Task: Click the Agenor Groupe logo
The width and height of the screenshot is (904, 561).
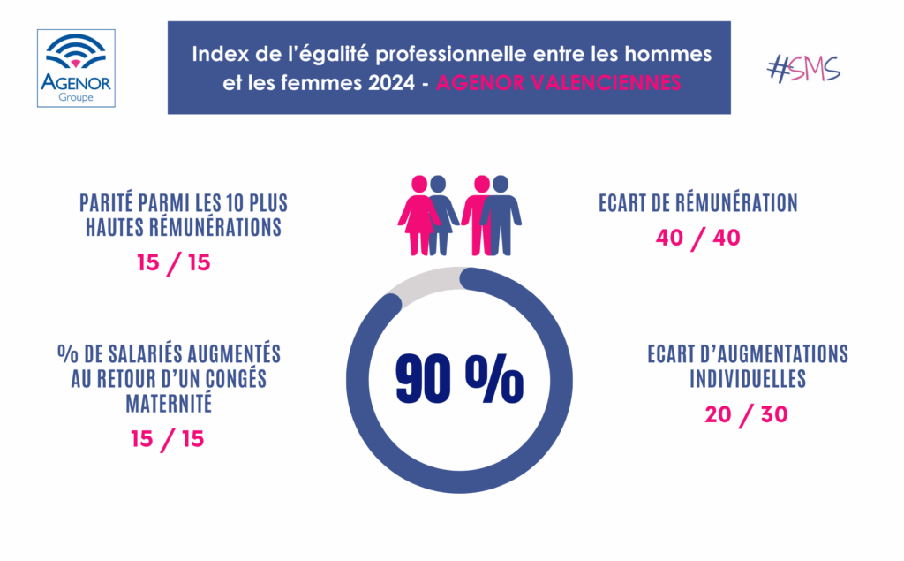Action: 76,68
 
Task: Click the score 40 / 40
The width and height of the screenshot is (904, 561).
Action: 697,239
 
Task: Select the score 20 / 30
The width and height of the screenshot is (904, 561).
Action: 746,414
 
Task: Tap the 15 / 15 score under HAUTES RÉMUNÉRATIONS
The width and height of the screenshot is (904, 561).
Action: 174,263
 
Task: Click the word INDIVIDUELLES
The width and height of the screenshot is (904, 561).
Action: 747,379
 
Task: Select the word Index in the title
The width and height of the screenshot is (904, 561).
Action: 217,55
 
